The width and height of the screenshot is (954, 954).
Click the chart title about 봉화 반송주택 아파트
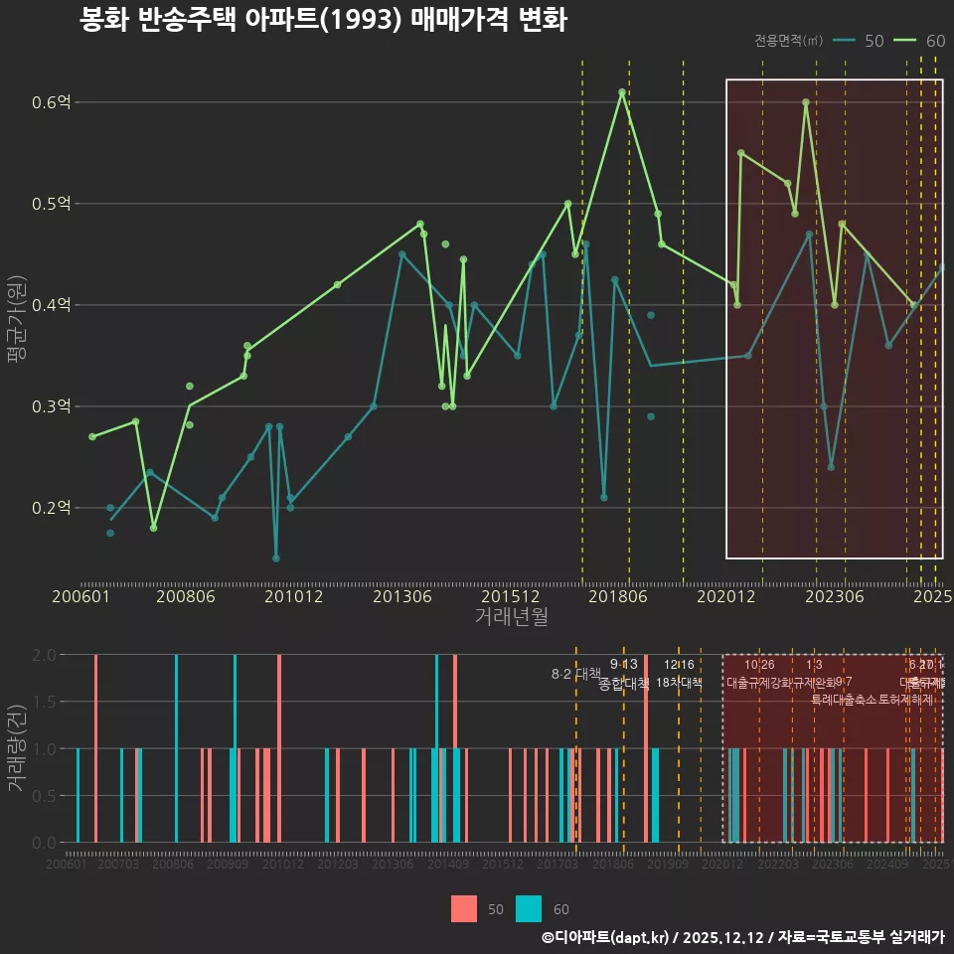pos(323,21)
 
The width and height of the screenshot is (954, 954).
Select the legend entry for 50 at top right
pos(860,41)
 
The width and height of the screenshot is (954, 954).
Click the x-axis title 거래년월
pos(511,617)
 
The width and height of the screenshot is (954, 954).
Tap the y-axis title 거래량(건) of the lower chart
pos(17,747)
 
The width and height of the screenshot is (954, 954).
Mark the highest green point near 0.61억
pos(622,92)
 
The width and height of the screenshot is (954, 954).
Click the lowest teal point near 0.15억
pos(276,558)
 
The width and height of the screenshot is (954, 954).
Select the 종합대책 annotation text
pos(624,684)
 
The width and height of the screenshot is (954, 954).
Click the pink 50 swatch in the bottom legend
pos(464,908)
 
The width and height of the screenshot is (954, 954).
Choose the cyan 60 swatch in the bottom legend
pos(529,908)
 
